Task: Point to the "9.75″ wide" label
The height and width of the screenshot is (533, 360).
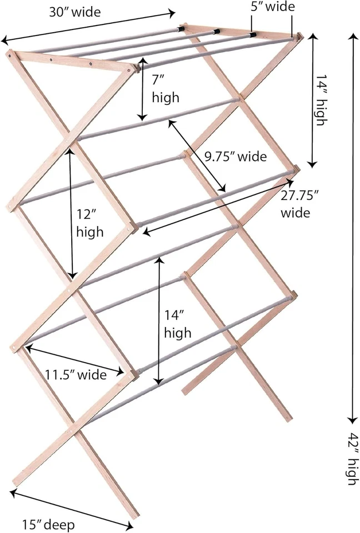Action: pyautogui.click(x=235, y=157)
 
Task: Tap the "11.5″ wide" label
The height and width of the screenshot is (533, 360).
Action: pyautogui.click(x=76, y=375)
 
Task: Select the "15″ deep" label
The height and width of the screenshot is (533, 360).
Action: pyautogui.click(x=48, y=524)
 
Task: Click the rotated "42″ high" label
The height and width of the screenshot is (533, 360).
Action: pyautogui.click(x=351, y=464)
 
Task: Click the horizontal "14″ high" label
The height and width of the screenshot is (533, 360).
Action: pyautogui.click(x=178, y=324)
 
